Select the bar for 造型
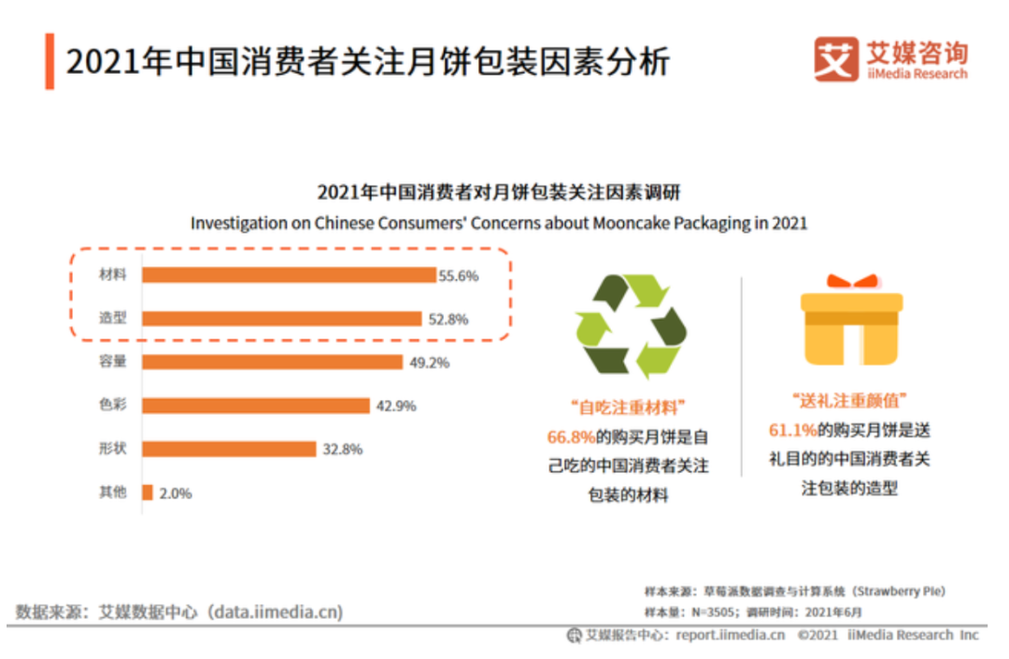point(282,319)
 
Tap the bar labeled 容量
point(273,362)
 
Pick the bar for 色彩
point(256,406)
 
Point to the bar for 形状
point(230,449)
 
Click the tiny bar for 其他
point(148,493)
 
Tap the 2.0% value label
point(175,494)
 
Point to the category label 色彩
point(112,406)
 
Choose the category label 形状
point(112,449)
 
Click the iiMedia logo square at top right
point(835,59)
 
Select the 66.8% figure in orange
point(571,437)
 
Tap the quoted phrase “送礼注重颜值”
point(848,402)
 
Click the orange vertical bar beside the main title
point(50,62)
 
